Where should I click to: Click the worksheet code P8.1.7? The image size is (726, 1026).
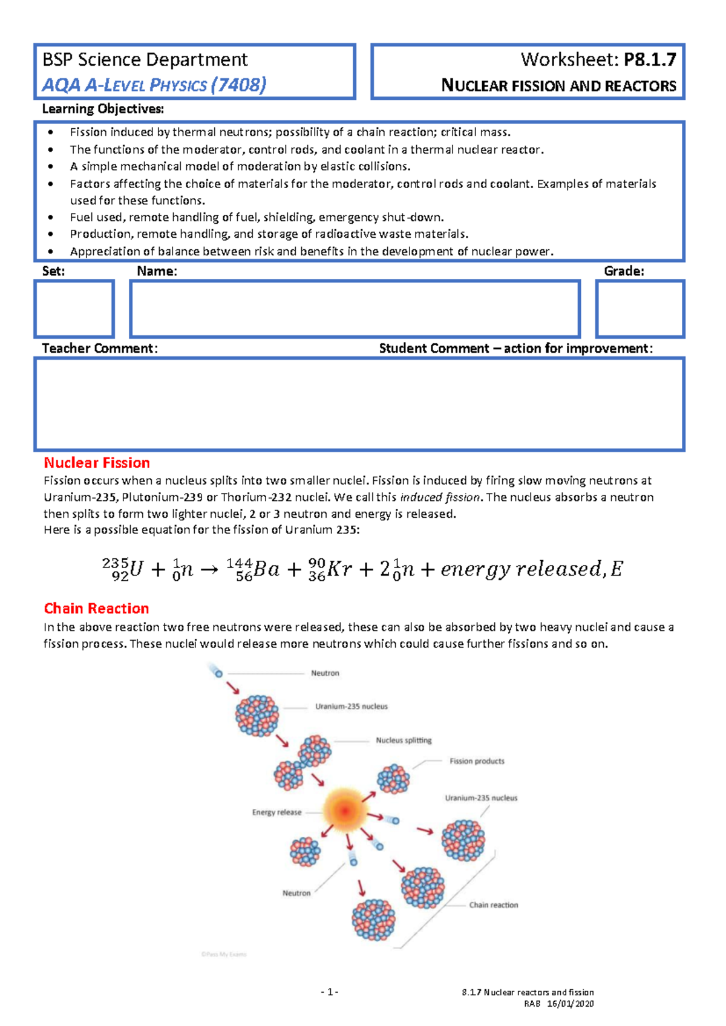tap(650, 60)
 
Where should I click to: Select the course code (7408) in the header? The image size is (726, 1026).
tap(238, 85)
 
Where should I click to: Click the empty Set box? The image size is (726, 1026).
tap(74, 309)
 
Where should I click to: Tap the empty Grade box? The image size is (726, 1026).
tap(640, 309)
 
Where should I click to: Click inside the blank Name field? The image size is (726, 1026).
tap(355, 309)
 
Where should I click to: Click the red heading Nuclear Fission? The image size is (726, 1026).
tap(97, 463)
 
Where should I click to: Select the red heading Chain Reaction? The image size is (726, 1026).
tap(96, 608)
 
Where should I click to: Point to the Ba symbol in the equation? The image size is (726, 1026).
tap(266, 569)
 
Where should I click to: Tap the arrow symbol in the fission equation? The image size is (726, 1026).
tap(209, 570)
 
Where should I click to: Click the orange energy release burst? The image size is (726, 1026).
tap(344, 809)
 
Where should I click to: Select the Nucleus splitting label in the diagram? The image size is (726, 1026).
tap(404, 740)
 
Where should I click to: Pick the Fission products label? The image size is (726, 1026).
tap(477, 761)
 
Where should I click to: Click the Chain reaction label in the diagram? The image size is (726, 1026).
tap(494, 905)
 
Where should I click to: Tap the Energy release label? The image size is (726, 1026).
tap(276, 812)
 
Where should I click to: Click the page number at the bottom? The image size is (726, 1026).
tap(330, 992)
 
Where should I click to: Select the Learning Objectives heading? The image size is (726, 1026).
tap(103, 109)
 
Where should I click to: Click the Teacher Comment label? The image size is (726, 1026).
tap(100, 348)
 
